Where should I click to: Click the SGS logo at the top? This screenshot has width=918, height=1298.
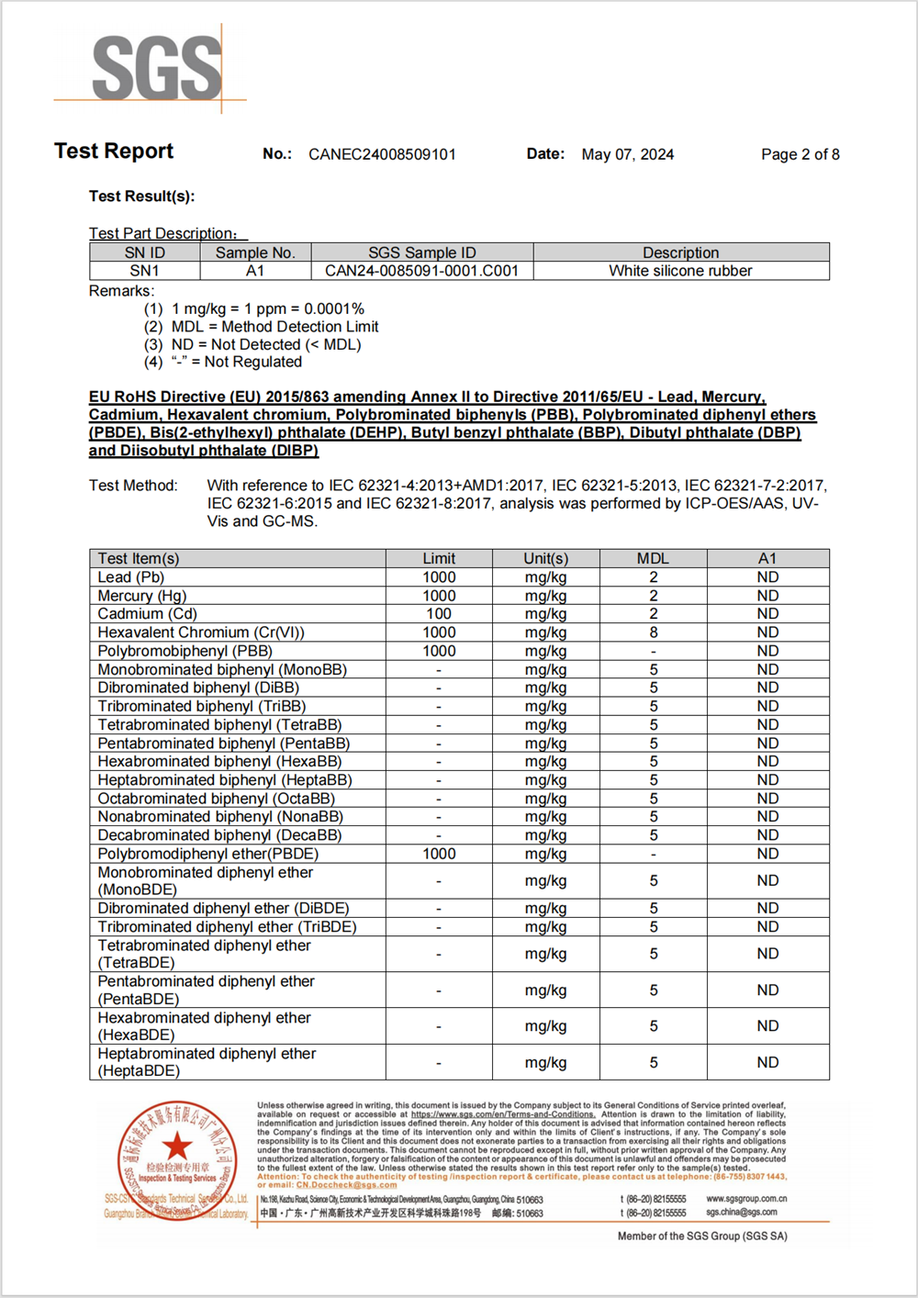pos(156,67)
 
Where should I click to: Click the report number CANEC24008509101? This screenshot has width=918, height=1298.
pos(382,154)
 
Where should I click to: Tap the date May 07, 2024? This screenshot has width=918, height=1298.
pos(627,154)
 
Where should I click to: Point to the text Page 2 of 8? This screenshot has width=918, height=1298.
pos(800,154)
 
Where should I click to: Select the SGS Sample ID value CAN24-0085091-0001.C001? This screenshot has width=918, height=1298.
pos(421,271)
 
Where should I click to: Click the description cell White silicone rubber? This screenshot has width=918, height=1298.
pos(680,271)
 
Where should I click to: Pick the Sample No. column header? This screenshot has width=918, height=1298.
pos(255,252)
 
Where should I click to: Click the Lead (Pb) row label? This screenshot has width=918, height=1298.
pos(131,577)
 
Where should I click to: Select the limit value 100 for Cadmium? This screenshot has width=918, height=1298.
pos(439,614)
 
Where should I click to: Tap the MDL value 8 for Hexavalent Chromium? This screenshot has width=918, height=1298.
pos(654,632)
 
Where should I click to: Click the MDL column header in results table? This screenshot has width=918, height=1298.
pos(653,558)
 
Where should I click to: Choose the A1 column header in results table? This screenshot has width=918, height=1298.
pos(767,558)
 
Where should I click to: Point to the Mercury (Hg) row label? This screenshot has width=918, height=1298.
pos(142,596)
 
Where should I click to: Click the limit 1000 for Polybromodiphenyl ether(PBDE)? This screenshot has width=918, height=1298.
pos(439,854)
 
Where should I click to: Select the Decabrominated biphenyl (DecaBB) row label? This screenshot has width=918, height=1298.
pos(219,835)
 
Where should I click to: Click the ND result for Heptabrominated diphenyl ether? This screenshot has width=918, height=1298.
pos(767,1062)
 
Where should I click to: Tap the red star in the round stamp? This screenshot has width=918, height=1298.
pos(177,1146)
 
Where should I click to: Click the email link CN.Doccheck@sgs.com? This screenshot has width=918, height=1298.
pos(346,1185)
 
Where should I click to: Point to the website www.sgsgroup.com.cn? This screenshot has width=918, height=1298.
pos(746,1199)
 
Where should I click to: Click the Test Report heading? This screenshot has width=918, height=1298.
pos(114,151)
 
